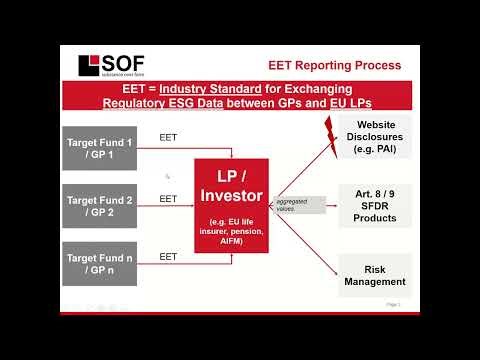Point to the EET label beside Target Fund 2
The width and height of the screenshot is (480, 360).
coord(168,199)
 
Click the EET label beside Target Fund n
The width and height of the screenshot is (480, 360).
coord(168,257)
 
